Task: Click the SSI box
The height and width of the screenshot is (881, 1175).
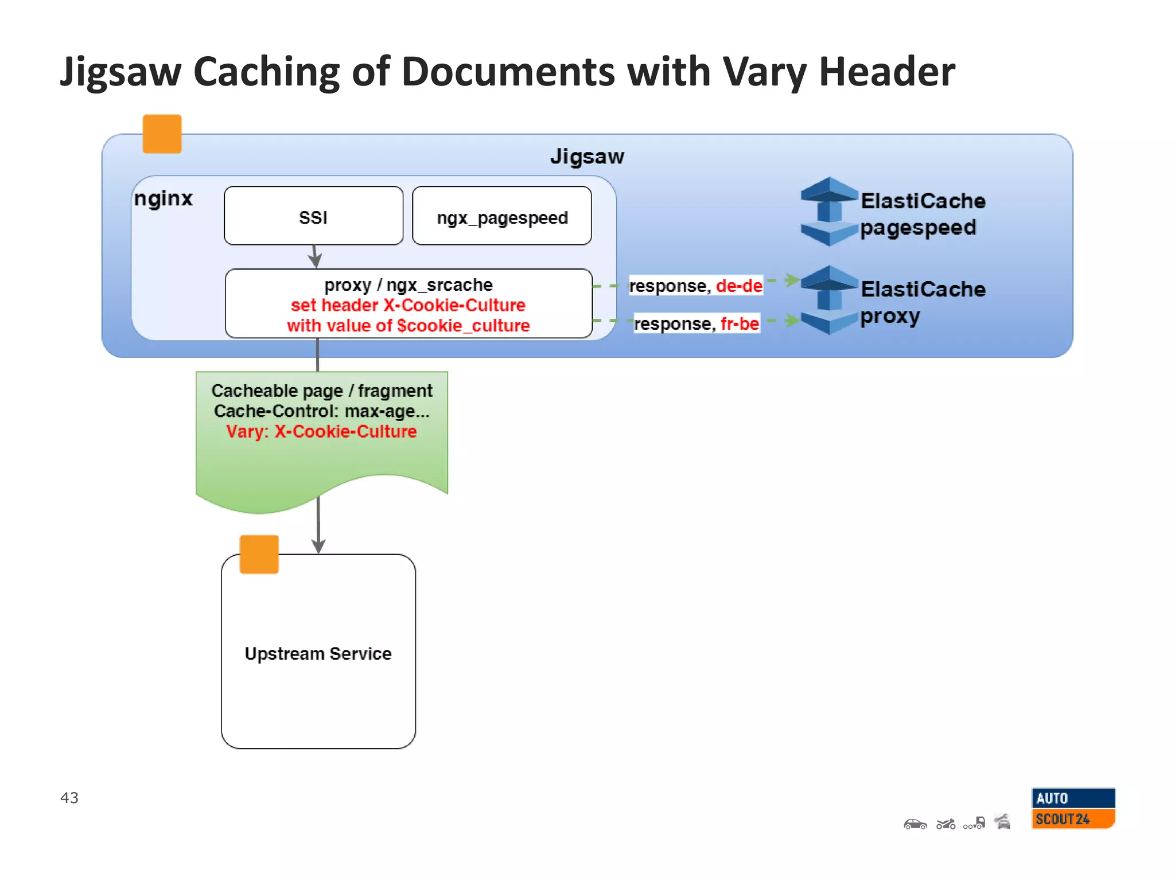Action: [x=313, y=216]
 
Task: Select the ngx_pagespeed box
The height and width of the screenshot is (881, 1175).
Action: [x=501, y=216]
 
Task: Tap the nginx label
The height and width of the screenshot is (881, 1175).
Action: [x=164, y=198]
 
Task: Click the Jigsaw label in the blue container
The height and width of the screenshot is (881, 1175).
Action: [x=587, y=157]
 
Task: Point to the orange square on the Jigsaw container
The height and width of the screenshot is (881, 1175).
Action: [x=162, y=134]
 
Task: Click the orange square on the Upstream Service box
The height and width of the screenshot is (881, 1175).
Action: [x=259, y=554]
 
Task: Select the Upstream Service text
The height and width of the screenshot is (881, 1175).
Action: [x=318, y=653]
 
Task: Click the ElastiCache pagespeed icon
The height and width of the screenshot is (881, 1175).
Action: [x=828, y=212]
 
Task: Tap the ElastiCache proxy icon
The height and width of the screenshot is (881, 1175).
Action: [x=828, y=300]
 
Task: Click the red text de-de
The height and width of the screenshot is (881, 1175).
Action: [x=739, y=286]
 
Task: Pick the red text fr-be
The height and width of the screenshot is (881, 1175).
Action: [x=740, y=323]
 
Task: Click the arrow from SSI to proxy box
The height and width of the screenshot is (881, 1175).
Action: [x=314, y=256]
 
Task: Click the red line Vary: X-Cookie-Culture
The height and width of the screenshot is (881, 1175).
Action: [x=321, y=431]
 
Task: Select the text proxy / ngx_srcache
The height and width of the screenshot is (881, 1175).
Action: [x=408, y=284]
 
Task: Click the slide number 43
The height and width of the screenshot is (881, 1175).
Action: [x=69, y=797]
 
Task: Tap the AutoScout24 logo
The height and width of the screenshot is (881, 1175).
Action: [x=1073, y=808]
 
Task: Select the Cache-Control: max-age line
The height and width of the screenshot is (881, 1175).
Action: [x=321, y=411]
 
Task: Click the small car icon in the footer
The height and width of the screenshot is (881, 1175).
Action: [x=915, y=824]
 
